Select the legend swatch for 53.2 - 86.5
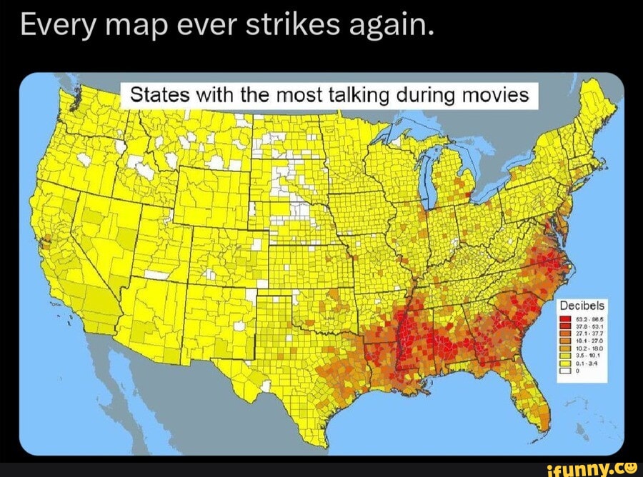click(x=564, y=319)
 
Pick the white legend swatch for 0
click(x=564, y=370)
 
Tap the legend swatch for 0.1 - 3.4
click(x=564, y=362)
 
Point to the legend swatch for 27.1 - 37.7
click(x=564, y=333)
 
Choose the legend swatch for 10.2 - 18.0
click(x=564, y=348)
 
